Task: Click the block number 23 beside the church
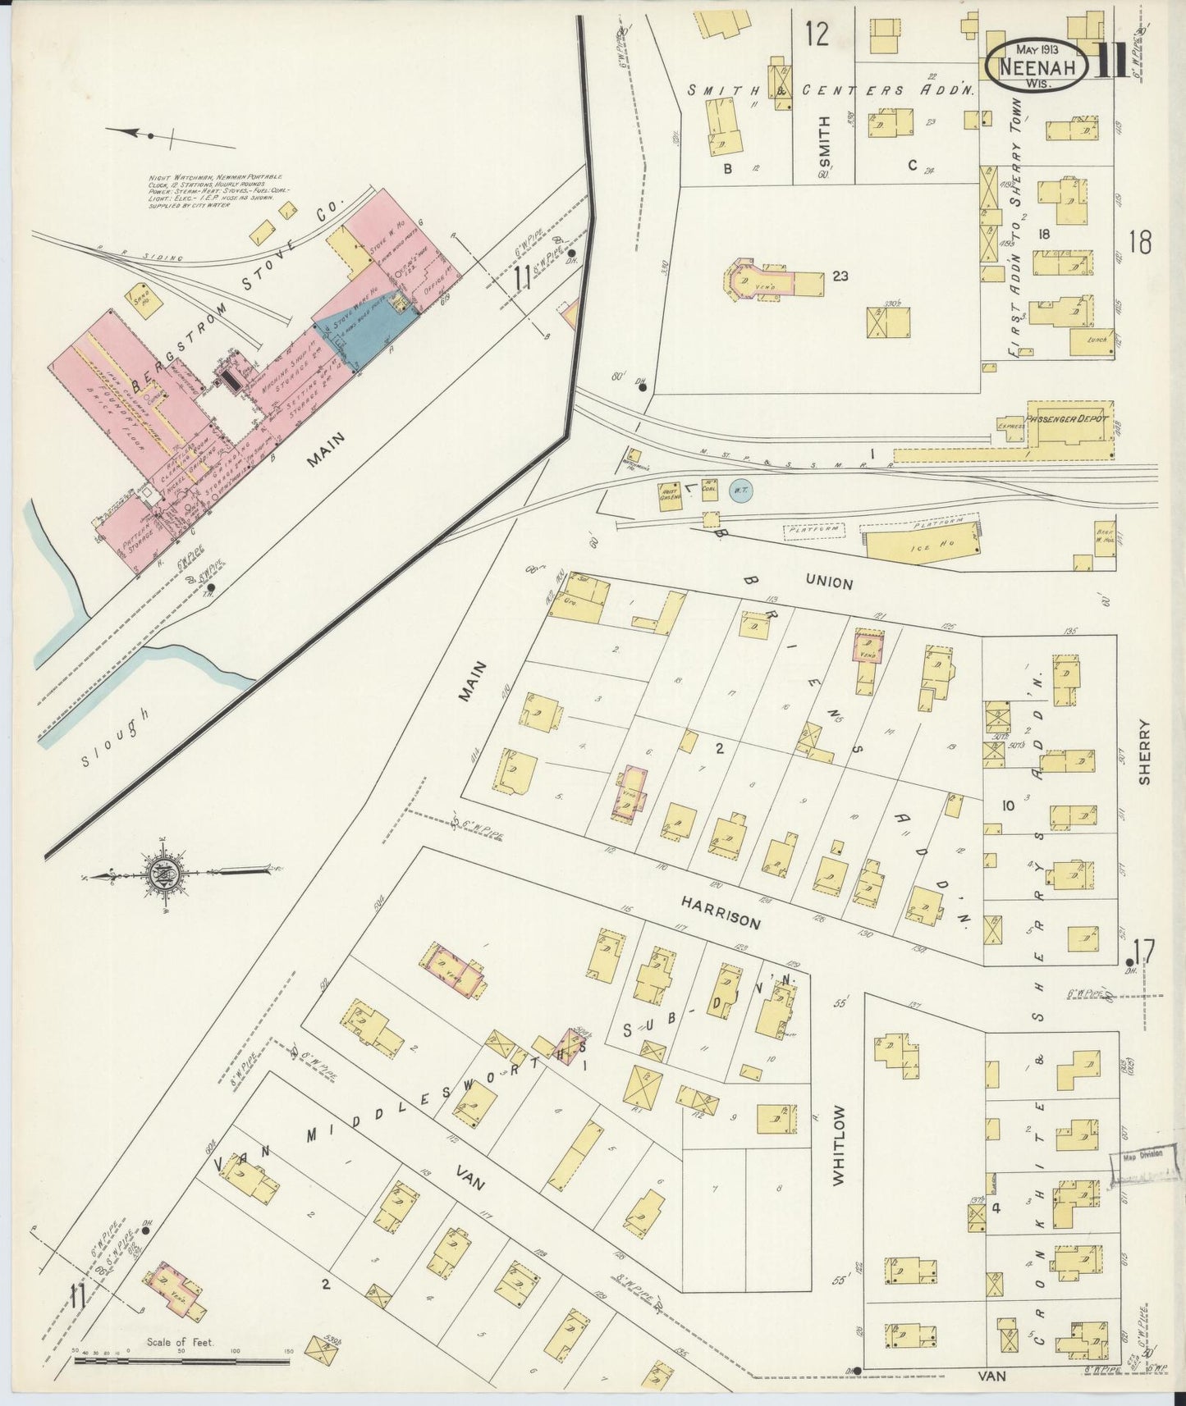point(840,276)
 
